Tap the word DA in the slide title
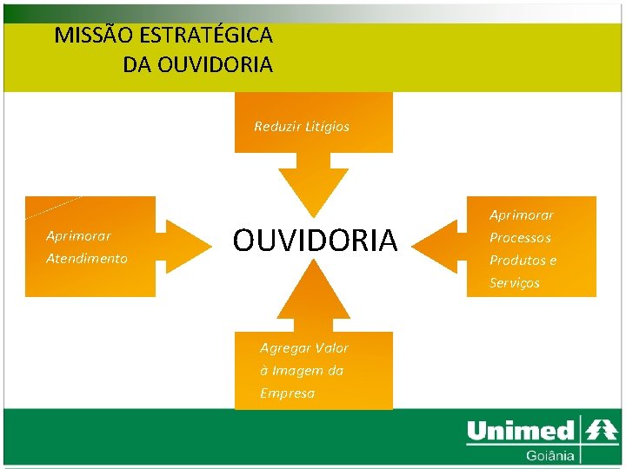pyautogui.click(x=137, y=64)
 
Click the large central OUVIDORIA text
pyautogui.click(x=314, y=241)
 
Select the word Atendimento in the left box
pyautogui.click(x=87, y=259)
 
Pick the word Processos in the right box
pyautogui.click(x=520, y=238)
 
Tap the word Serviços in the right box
pyautogui.click(x=514, y=283)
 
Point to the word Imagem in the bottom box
pyautogui.click(x=296, y=371)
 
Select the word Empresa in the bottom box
pyautogui.click(x=287, y=393)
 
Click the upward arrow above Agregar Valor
pyautogui.click(x=313, y=290)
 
